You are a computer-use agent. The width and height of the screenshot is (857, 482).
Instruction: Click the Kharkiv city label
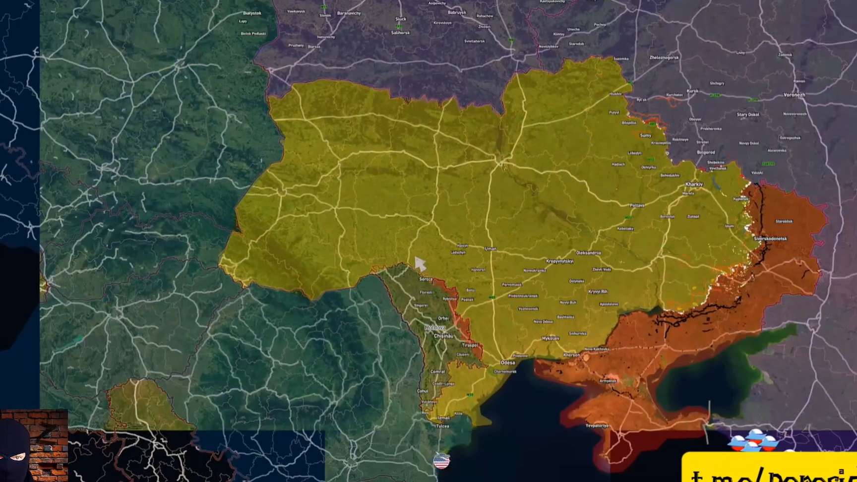694,184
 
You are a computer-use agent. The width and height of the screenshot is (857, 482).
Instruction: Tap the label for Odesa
507,362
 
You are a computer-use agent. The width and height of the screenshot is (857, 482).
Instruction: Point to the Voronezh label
794,95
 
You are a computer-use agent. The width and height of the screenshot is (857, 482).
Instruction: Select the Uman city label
490,249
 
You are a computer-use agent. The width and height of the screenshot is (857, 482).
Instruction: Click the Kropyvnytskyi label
559,261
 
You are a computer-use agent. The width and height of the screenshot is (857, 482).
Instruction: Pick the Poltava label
637,205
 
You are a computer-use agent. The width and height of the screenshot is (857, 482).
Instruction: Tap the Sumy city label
645,135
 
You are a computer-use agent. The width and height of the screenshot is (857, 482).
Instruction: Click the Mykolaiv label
551,338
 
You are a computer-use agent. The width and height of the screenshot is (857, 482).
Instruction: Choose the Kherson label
571,355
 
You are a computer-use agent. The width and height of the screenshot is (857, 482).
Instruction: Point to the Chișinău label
443,336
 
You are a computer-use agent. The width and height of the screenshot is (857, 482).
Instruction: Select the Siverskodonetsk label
770,239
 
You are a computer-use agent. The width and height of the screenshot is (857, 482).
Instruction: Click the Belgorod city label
706,152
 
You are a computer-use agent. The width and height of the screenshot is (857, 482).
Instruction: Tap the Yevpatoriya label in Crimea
597,425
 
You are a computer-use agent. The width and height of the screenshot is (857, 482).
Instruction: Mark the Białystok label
252,13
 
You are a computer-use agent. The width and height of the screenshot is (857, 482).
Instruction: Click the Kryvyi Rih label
598,292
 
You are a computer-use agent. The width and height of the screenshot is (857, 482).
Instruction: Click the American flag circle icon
441,461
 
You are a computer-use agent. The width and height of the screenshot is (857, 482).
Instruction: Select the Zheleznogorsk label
664,58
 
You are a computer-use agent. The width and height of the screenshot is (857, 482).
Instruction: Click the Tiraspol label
470,345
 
